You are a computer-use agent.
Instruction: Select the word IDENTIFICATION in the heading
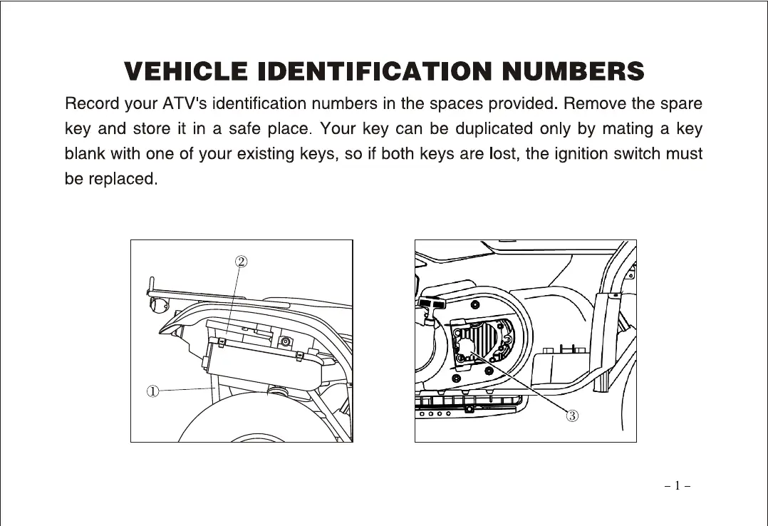pos(375,72)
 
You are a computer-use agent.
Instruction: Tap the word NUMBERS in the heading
pos(574,72)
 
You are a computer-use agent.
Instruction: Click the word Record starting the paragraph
pos(91,104)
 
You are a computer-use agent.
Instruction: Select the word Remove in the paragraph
pos(594,104)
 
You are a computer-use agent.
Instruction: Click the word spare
pos(680,104)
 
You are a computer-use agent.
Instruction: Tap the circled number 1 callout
pos(152,391)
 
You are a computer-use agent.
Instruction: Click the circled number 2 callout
pos(242,261)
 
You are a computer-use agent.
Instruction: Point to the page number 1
pos(678,487)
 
